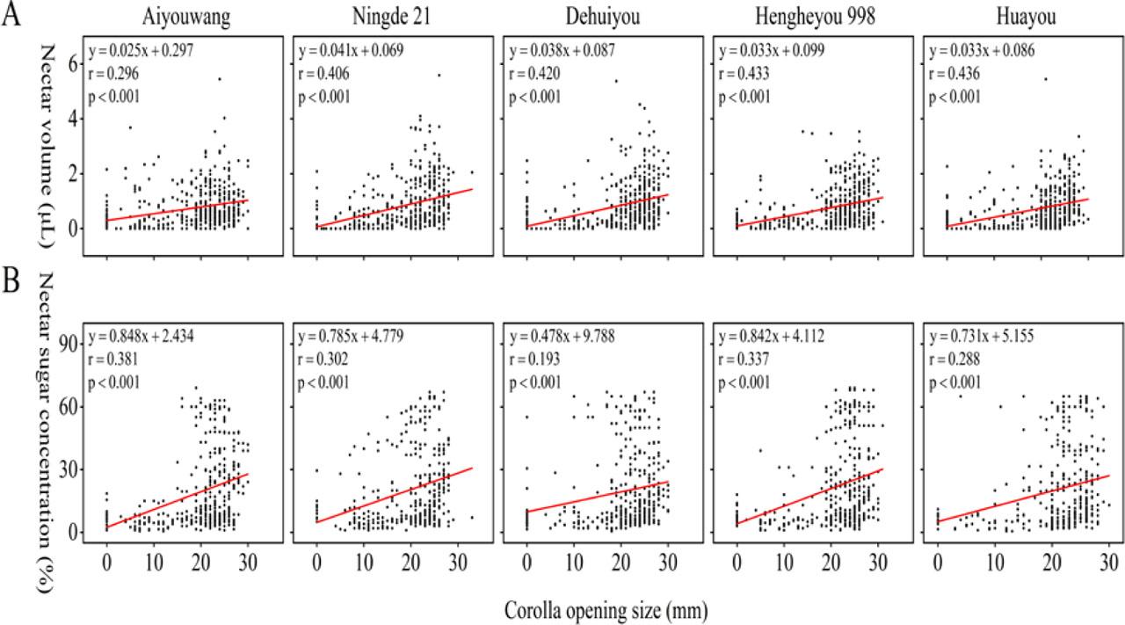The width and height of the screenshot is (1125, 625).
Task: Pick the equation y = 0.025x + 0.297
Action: point(142,52)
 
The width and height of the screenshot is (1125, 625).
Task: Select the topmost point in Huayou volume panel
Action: point(1045,79)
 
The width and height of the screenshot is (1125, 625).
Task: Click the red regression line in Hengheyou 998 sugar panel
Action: point(809,497)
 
